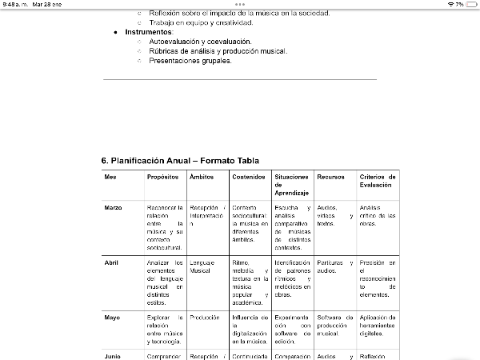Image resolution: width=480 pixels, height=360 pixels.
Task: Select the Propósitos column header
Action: pos(162,177)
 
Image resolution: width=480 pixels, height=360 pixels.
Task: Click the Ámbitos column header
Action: pos(202,177)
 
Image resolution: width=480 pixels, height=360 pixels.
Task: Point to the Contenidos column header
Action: pos(249,177)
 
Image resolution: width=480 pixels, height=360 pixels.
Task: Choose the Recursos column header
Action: pos(331,177)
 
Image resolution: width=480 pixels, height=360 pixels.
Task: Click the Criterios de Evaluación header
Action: pos(378,181)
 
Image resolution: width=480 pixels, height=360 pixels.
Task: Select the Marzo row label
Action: pos(113,207)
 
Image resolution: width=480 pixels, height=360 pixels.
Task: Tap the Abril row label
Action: pos(111,262)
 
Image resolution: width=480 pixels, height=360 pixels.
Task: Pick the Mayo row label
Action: pos(112,318)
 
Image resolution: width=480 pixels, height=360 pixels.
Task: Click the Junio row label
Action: pos(112,355)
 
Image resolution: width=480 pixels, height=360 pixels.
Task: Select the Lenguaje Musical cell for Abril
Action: pos(202,266)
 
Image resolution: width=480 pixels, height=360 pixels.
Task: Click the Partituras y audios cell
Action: pos(334,266)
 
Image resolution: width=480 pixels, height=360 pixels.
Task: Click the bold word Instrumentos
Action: pos(149,31)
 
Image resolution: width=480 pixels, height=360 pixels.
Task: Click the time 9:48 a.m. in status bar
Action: pos(14,4)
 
